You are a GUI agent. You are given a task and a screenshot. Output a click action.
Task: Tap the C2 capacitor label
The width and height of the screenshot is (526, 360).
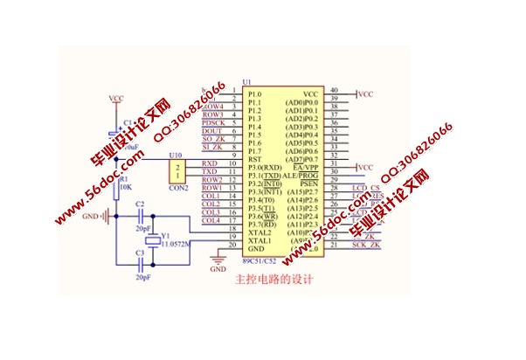pos(140,204)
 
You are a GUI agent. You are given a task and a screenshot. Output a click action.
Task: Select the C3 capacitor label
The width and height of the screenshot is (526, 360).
pos(140,253)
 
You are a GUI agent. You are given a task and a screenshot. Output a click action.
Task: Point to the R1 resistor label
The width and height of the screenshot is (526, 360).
pos(123,178)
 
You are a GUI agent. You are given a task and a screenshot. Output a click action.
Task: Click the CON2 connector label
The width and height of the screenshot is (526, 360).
pos(178,188)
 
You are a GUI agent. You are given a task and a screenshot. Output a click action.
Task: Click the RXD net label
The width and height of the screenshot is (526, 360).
pos(210,163)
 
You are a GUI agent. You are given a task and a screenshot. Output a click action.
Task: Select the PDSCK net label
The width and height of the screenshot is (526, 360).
pos(212,123)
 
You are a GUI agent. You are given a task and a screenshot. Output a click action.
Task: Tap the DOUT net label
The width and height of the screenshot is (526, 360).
pos(211,131)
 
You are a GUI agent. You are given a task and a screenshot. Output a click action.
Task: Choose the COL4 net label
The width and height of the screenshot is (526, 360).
pos(211,220)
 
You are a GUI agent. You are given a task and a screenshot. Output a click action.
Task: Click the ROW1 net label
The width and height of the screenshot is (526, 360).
pos(211,188)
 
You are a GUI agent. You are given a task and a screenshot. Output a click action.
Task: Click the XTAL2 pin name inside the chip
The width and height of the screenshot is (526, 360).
pos(260,232)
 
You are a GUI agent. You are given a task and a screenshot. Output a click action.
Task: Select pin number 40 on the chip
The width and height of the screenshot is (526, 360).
pos(334,90)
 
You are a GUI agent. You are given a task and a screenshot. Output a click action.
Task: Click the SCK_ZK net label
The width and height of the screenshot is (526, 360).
pos(366,245)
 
